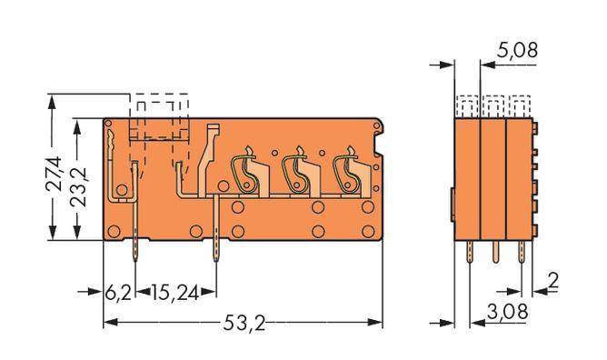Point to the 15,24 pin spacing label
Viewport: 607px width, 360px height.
click(173, 293)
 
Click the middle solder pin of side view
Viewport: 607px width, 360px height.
click(495, 252)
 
